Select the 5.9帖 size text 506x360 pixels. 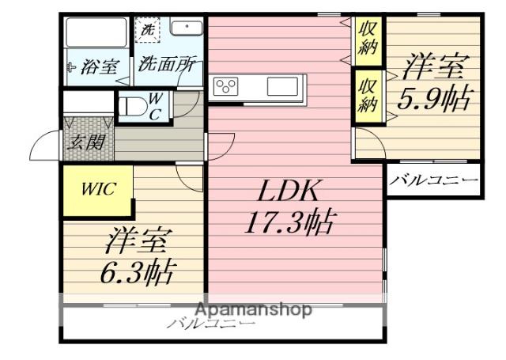click(434, 99)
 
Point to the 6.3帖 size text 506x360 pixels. click(138, 271)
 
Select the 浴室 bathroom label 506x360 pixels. click(96, 68)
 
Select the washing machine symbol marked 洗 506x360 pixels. click(149, 31)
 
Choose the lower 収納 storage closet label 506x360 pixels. click(367, 93)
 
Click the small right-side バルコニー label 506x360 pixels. click(434, 181)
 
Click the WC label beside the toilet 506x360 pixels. click(156, 104)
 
